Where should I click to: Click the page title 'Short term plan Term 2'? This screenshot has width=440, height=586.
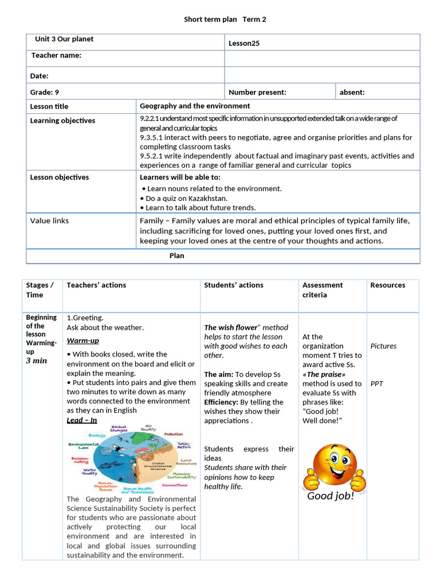(x=225, y=19)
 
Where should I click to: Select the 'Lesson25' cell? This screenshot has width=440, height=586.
(x=243, y=43)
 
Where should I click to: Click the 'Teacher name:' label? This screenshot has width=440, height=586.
(x=56, y=56)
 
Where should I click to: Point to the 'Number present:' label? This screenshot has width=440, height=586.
(x=257, y=92)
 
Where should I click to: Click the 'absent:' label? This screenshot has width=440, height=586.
(x=352, y=92)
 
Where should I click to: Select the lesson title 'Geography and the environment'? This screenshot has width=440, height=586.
(x=195, y=106)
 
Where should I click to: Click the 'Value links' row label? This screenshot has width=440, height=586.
(x=49, y=220)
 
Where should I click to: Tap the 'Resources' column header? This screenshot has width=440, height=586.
(x=387, y=285)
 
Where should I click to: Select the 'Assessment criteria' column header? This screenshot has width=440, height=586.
(x=323, y=290)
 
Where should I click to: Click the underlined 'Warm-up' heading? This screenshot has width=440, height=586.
(x=82, y=340)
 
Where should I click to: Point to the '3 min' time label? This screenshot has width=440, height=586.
(x=36, y=361)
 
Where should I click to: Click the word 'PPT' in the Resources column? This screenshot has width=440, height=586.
(x=376, y=383)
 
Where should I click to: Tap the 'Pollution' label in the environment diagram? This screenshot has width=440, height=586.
(x=173, y=434)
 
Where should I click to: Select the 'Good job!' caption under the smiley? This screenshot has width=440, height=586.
(x=331, y=496)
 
